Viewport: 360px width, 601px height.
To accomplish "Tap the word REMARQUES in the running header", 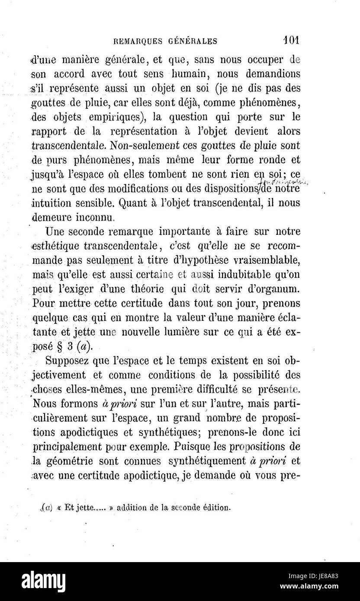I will coord(138,42).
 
